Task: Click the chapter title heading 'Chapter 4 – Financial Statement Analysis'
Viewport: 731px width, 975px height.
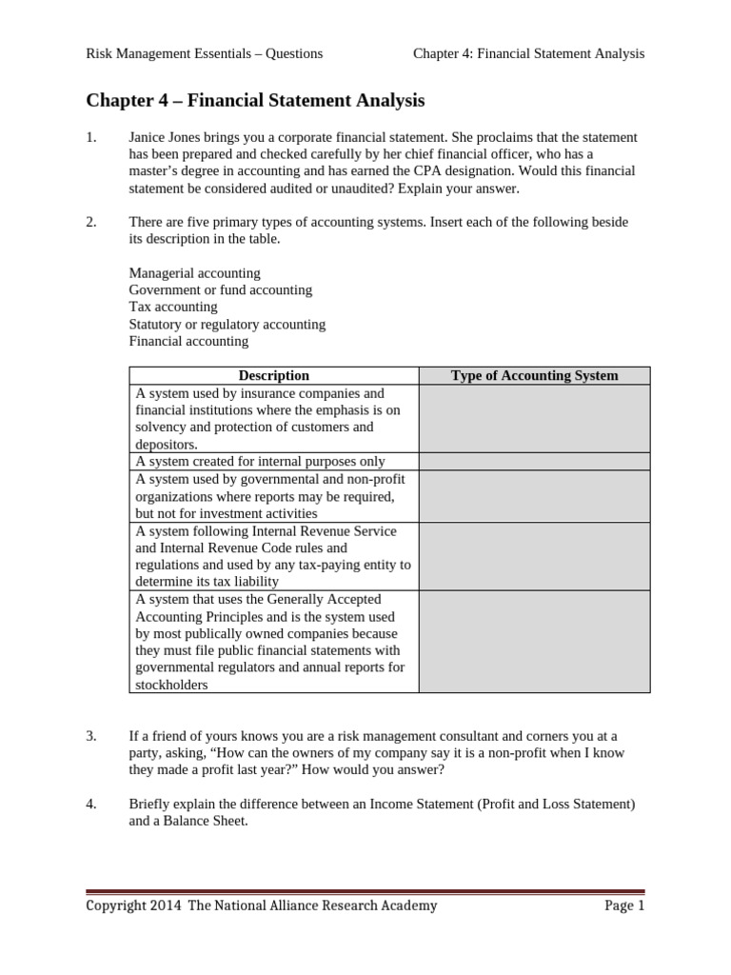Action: point(255,100)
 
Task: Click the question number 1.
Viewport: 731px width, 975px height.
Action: point(91,137)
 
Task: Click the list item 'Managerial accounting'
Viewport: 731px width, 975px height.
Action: point(194,273)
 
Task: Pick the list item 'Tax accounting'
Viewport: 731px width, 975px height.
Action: point(173,307)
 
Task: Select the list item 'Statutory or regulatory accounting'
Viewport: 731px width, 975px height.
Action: point(227,324)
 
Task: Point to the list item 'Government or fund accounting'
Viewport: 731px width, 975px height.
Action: point(220,289)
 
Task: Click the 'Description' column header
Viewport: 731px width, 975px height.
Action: point(273,376)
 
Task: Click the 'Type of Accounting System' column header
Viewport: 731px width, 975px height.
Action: point(534,376)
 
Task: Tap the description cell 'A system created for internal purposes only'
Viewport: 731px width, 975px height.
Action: point(260,461)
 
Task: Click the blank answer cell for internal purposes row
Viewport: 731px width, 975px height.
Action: point(534,461)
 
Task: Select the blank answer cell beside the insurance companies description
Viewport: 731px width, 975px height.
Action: point(534,419)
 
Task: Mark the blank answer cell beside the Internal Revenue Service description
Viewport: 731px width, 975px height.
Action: point(534,556)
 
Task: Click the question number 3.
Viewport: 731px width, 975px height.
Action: point(91,736)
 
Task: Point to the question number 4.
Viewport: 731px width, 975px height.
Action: point(91,805)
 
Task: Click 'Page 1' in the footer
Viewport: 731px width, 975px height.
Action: point(624,905)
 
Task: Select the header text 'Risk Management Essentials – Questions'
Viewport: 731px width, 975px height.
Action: point(205,53)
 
